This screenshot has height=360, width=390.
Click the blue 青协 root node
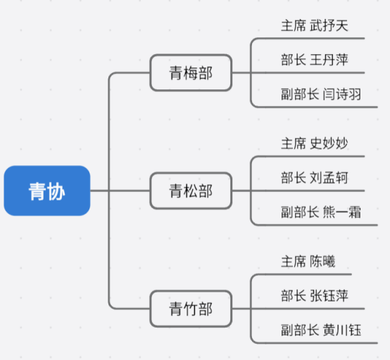click(x=47, y=191)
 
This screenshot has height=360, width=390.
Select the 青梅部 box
click(x=191, y=72)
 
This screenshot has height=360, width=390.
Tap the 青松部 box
click(x=191, y=191)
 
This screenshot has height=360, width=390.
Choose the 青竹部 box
click(x=191, y=309)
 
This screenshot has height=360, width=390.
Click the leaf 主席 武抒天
click(x=315, y=26)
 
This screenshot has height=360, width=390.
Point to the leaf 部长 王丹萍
click(x=315, y=60)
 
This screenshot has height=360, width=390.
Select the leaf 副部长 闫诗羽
click(x=321, y=94)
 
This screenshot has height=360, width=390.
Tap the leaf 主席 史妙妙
click(x=315, y=143)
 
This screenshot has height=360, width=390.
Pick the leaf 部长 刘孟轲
click(x=315, y=178)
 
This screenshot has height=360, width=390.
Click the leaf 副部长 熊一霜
click(x=321, y=212)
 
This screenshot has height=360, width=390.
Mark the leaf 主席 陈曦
click(x=308, y=262)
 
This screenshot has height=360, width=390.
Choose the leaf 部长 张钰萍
click(x=315, y=296)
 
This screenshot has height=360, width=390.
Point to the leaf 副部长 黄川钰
click(x=321, y=330)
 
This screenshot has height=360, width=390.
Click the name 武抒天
click(x=329, y=26)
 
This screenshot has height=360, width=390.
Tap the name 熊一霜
click(x=341, y=212)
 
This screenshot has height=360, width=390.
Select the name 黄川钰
click(x=341, y=330)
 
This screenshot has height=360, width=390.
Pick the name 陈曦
click(x=322, y=262)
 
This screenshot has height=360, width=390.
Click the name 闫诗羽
click(x=341, y=94)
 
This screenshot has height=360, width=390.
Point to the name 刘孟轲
click(x=329, y=178)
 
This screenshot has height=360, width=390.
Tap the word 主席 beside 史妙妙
click(x=294, y=143)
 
